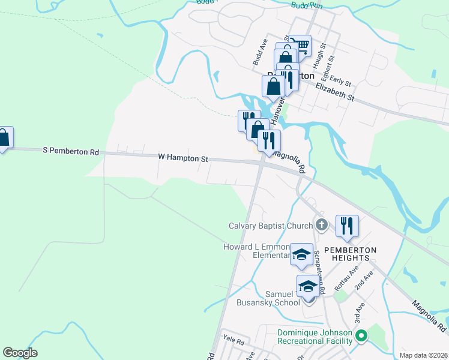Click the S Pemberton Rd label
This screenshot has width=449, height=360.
pyautogui.click(x=71, y=152)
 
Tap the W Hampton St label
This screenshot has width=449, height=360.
pyautogui.click(x=182, y=158)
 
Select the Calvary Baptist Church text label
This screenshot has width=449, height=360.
pyautogui.click(x=271, y=226)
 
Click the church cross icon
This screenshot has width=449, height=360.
pyautogui.click(x=322, y=226)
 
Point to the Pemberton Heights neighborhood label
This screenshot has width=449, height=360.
pyautogui.click(x=350, y=254)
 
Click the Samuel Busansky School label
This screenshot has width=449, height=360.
pyautogui.click(x=283, y=298)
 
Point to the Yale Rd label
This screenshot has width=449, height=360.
pyautogui.click(x=233, y=341)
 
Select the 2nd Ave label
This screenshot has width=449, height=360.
pyautogui.click(x=363, y=280)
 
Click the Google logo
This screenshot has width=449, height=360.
pyautogui.click(x=20, y=352)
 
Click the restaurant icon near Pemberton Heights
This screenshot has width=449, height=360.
pyautogui.click(x=347, y=226)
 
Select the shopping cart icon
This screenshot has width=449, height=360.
pyautogui.click(x=300, y=45)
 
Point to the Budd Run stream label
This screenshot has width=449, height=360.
pyautogui.click(x=307, y=5)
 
